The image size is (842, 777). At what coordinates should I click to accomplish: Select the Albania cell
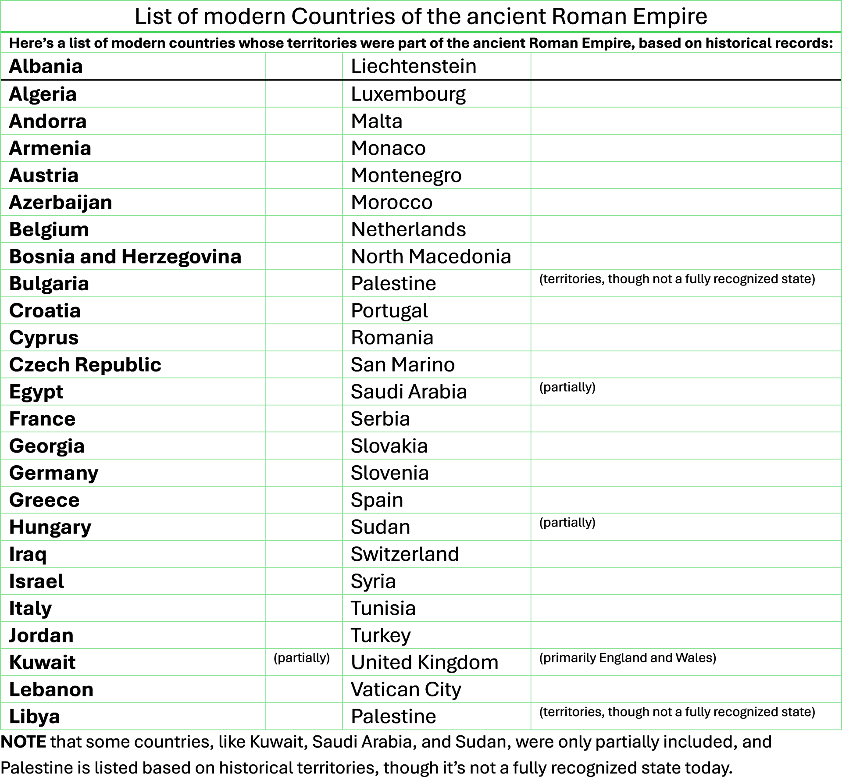[46, 66]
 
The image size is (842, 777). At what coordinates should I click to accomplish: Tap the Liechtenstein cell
[414, 66]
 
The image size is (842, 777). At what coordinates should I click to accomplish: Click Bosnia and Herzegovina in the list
[125, 257]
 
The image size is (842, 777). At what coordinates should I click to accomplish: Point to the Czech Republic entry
[85, 365]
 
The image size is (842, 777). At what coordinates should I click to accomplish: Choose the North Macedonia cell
[431, 257]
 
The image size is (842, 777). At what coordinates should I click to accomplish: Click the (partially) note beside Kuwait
[302, 658]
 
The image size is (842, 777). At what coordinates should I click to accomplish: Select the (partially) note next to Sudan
[567, 522]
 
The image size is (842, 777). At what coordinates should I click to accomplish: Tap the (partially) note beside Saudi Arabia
[567, 387]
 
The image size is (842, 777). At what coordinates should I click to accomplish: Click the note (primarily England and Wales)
[628, 658]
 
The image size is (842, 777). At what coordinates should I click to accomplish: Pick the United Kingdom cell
[425, 662]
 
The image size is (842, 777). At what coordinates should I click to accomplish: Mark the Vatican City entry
[406, 689]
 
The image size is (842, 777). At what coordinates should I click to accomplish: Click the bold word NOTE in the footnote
[23, 742]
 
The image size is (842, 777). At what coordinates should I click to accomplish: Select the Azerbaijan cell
[61, 203]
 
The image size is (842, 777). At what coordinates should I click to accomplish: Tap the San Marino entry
[403, 365]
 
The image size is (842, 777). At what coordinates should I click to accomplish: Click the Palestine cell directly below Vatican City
[393, 716]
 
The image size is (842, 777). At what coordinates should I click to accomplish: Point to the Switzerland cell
[405, 554]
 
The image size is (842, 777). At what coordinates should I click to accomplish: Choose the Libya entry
[34, 716]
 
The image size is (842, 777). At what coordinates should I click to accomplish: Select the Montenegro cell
[406, 175]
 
